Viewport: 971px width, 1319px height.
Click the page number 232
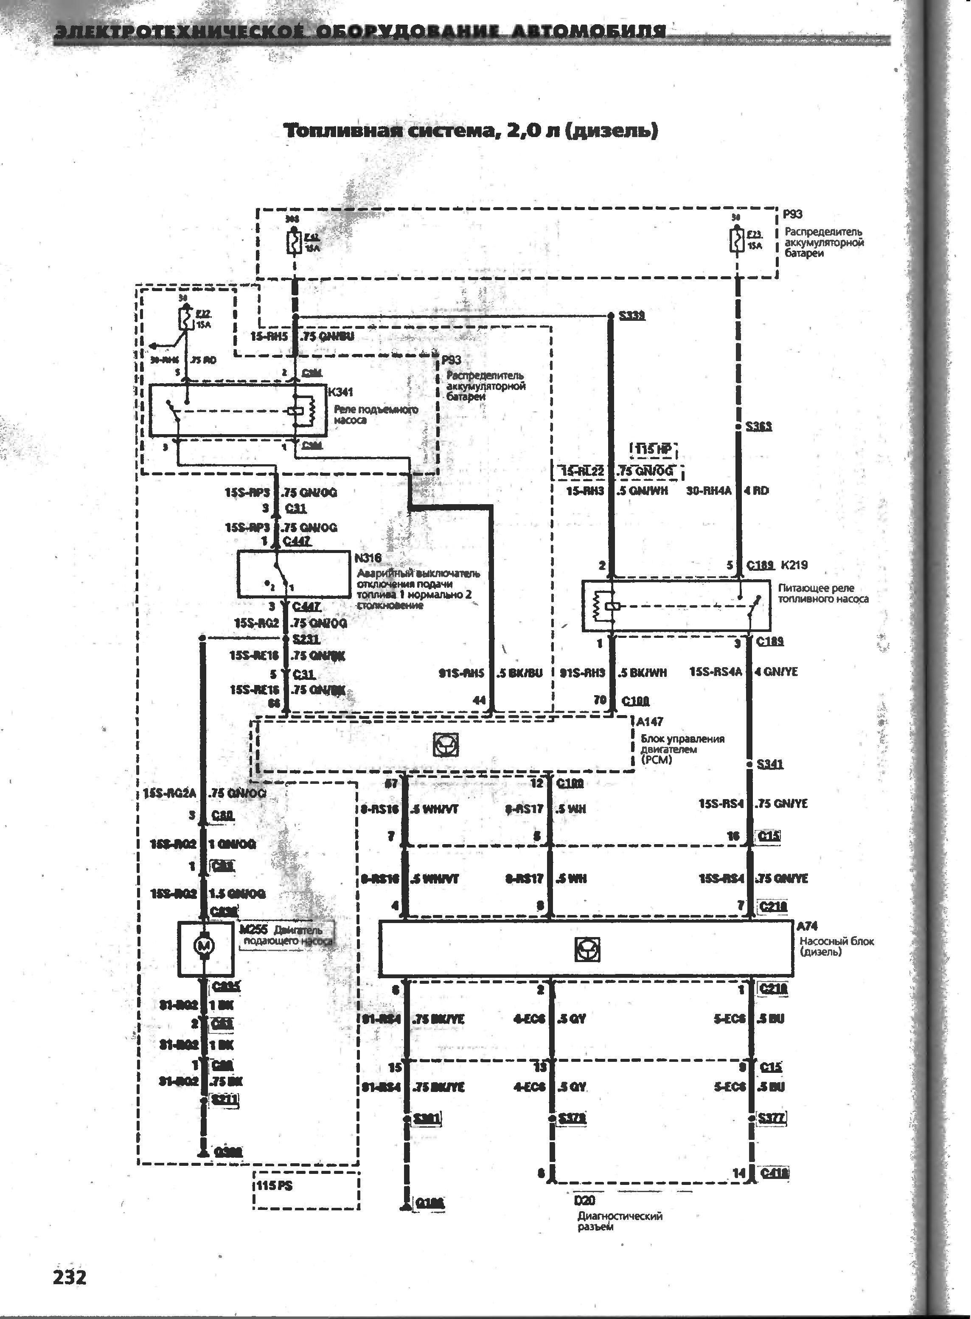coord(69,1277)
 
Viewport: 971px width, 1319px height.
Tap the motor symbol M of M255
coord(205,946)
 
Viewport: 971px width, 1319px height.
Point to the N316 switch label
coord(368,558)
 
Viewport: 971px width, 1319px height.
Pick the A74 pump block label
coord(807,926)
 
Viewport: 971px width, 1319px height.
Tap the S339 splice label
coord(632,316)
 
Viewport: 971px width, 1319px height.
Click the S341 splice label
coord(770,764)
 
